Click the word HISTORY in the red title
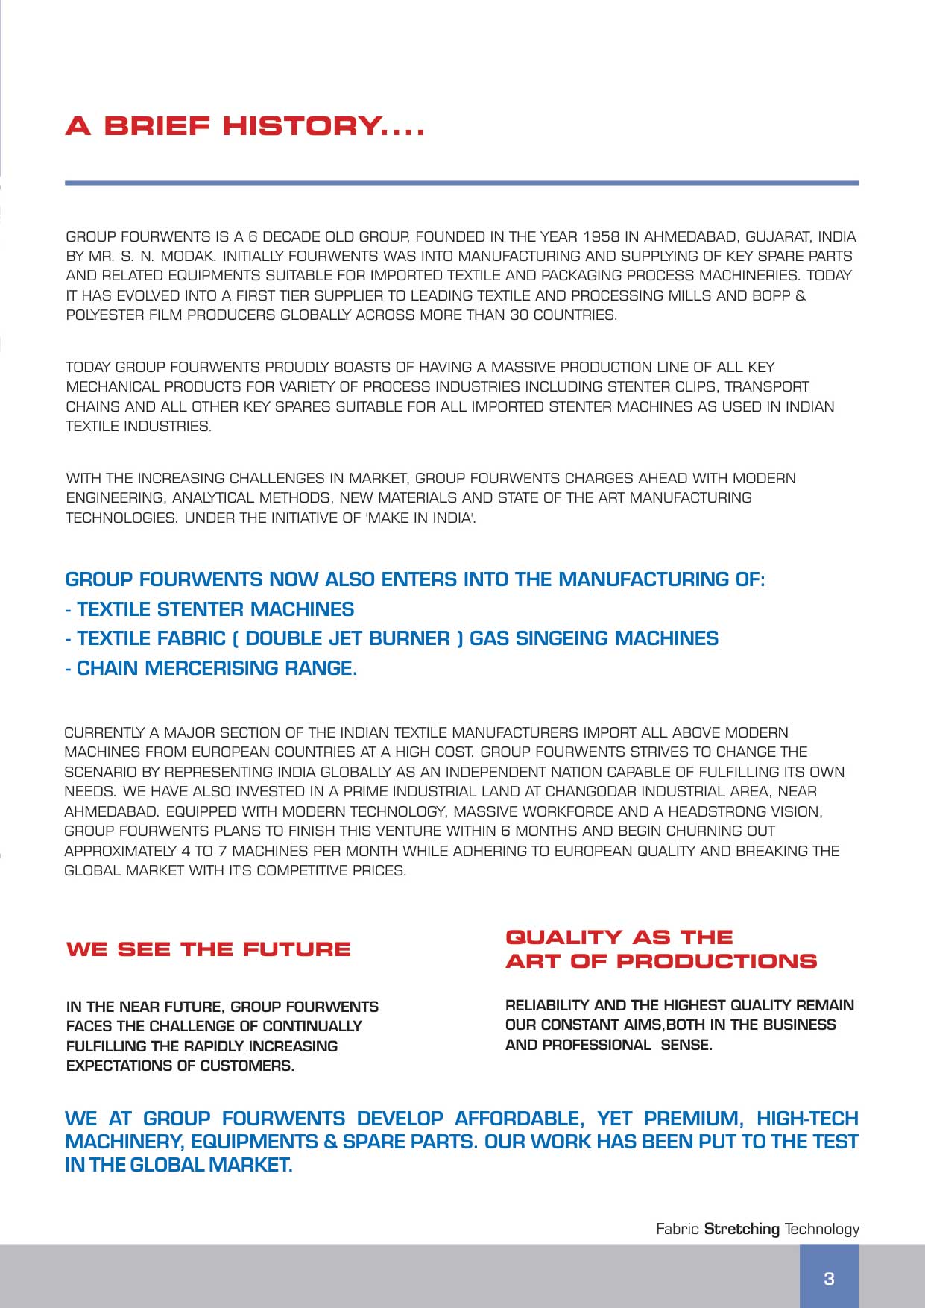[x=301, y=126]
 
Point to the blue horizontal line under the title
[x=461, y=183]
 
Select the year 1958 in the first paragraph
[x=601, y=237]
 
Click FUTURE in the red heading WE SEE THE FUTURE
[x=296, y=949]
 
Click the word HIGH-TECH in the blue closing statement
[x=807, y=1119]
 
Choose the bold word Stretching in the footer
[x=742, y=1230]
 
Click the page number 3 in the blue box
[x=829, y=1279]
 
